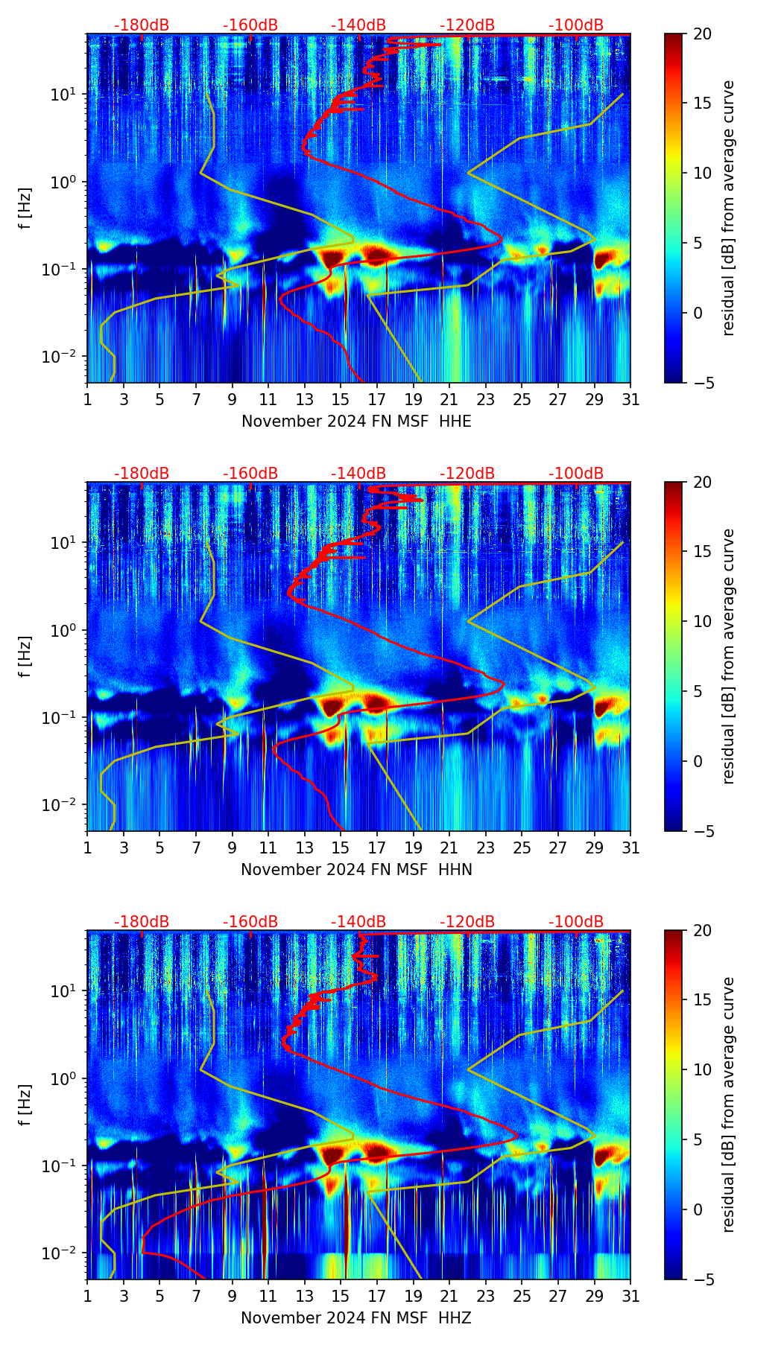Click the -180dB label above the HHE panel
(142, 25)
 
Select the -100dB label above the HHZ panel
(576, 922)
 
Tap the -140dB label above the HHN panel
(358, 474)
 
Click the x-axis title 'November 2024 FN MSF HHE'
(356, 422)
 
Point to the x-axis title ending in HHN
(356, 870)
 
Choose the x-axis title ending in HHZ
(356, 1318)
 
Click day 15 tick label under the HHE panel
(341, 400)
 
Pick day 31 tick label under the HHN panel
(630, 848)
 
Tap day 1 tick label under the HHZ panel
(88, 1297)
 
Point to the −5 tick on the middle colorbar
(701, 831)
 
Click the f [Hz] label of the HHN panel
(25, 656)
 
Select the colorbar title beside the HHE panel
(729, 208)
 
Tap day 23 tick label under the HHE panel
(485, 400)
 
